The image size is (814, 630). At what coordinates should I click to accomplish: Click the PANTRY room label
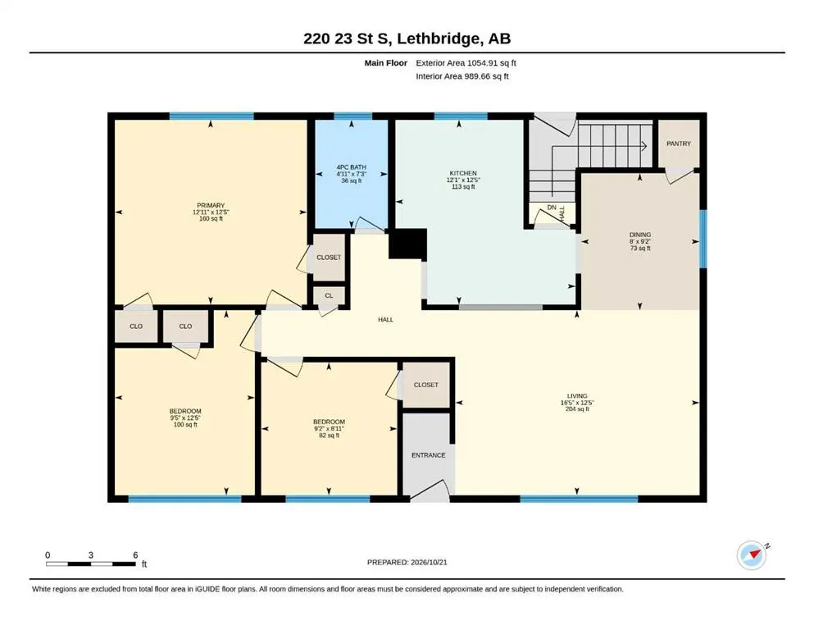coord(679,144)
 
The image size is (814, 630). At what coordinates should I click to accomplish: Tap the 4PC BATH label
coord(352,167)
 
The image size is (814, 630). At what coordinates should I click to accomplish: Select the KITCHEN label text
coord(463,173)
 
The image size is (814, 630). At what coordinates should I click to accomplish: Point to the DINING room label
coord(640,235)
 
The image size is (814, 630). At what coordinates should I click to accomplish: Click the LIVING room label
coord(577,395)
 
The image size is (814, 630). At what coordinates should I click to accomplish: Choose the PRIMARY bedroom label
coord(211,205)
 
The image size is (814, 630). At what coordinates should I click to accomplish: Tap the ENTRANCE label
coord(428,455)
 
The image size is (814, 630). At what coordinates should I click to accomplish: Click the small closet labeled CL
coord(330,295)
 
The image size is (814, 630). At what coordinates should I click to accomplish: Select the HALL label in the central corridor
coord(386,319)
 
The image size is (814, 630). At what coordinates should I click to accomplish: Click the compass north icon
coord(752,555)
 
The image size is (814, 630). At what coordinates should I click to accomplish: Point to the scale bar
coord(91,564)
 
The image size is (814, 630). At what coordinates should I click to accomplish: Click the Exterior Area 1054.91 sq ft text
coord(466,63)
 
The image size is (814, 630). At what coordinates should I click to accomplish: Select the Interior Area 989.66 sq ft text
coord(462,76)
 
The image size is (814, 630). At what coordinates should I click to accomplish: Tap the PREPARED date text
coord(407,562)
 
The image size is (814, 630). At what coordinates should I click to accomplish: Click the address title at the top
coord(407,39)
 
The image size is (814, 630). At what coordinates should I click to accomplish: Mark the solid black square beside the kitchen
coord(407,244)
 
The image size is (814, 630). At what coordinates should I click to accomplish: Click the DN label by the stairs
coord(552,208)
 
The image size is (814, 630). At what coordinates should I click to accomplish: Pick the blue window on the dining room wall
coord(703,239)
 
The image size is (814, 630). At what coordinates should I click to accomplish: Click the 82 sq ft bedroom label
coord(330,436)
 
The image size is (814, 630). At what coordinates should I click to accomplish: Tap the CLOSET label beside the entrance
coord(425,385)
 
